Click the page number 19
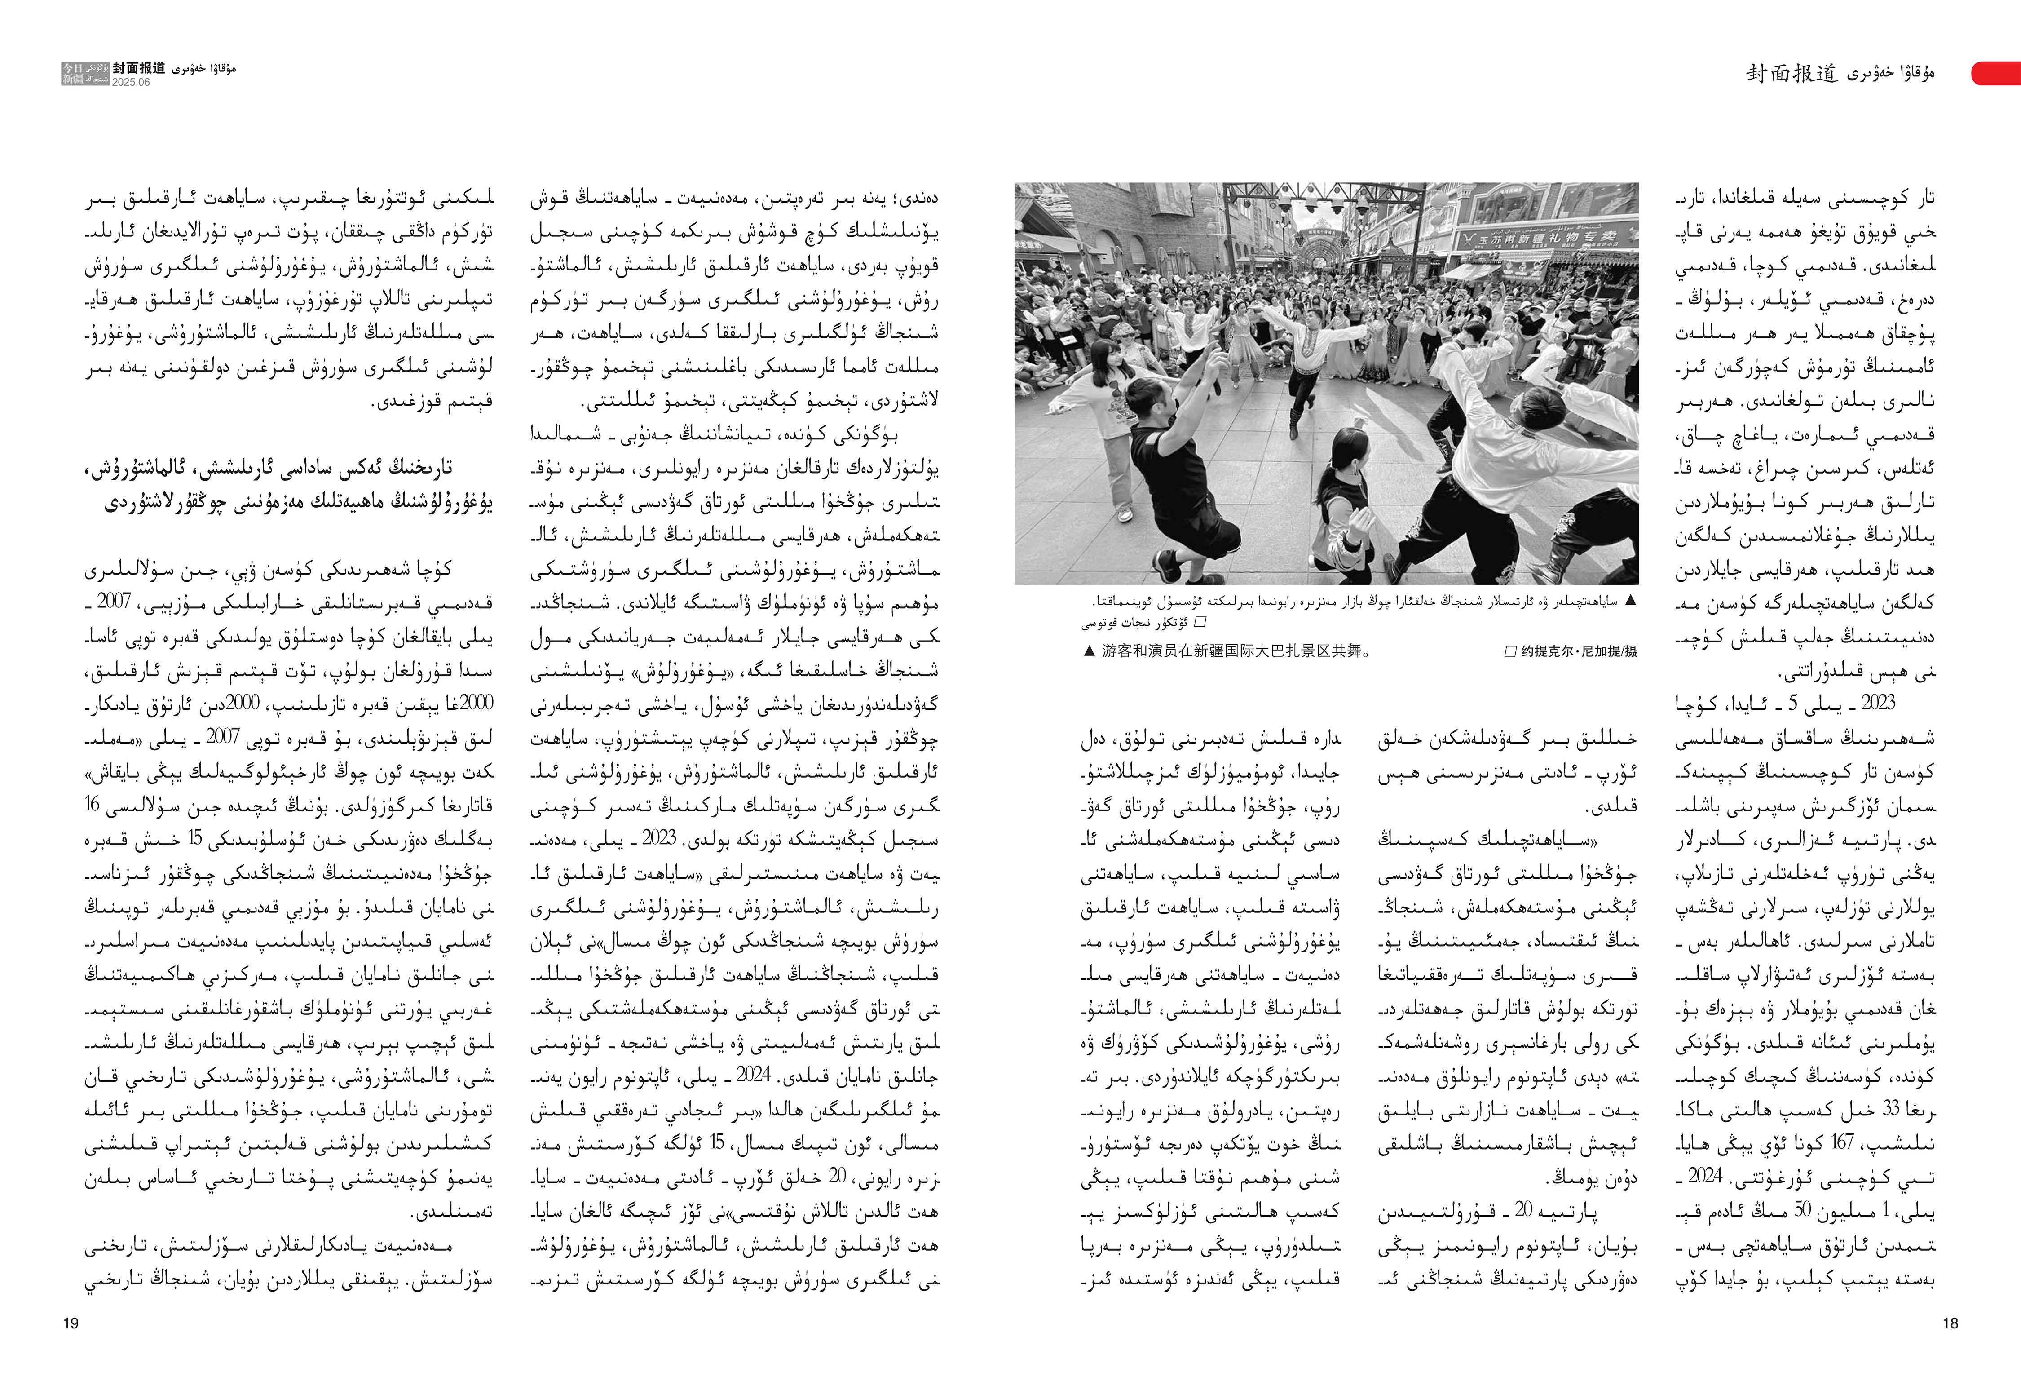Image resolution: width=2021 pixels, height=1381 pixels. (71, 1323)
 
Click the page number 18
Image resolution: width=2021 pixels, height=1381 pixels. (1950, 1323)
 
